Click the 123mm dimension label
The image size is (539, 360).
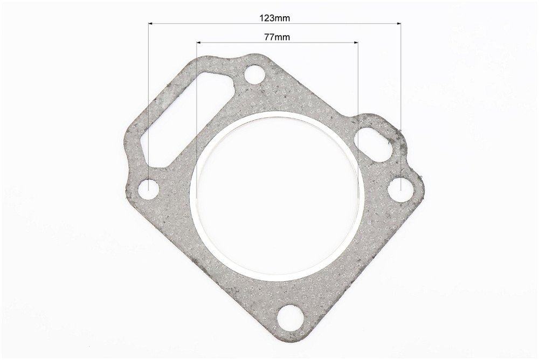pyautogui.click(x=274, y=18)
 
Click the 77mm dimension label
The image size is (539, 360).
pyautogui.click(x=277, y=37)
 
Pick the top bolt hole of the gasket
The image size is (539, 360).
pyautogui.click(x=254, y=74)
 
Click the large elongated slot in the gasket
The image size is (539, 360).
pyautogui.click(x=188, y=119)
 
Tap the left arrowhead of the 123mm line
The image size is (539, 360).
pyautogui.click(x=150, y=23)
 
